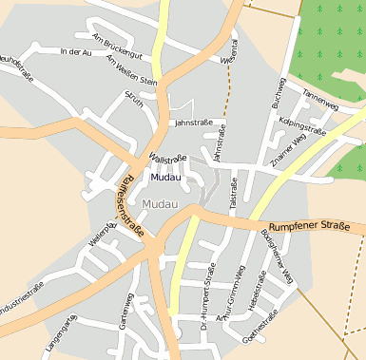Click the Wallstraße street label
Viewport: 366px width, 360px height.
coord(168,157)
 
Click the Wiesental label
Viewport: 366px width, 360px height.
coord(230,59)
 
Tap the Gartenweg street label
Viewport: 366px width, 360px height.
coord(125,310)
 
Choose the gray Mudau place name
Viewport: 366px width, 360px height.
coord(159,204)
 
